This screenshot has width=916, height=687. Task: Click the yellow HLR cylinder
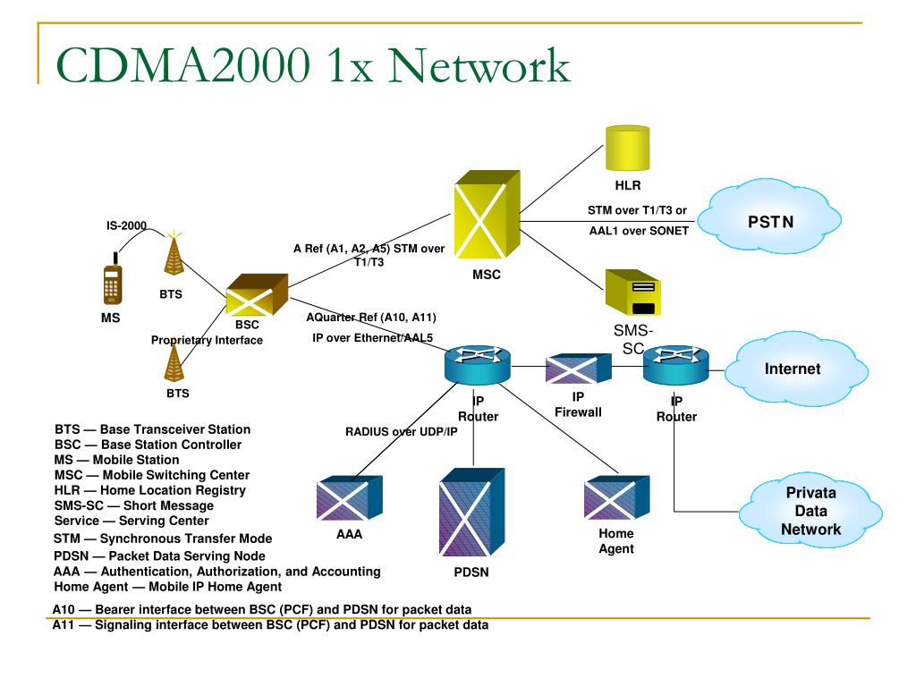pyautogui.click(x=627, y=148)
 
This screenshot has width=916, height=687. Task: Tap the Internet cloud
pyautogui.click(x=795, y=368)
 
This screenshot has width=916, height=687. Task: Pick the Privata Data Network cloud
pyautogui.click(x=810, y=511)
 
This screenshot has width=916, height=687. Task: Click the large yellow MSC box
pyautogui.click(x=487, y=215)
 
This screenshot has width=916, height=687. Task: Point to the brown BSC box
pyautogui.click(x=257, y=295)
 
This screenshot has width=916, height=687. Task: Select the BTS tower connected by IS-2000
pyautogui.click(x=174, y=253)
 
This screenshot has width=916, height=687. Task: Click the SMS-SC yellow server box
pyautogui.click(x=632, y=293)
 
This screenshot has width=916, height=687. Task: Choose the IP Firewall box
pyautogui.click(x=579, y=369)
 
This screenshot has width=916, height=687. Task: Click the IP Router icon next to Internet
pyautogui.click(x=676, y=365)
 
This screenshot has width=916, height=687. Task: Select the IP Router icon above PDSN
pyautogui.click(x=478, y=365)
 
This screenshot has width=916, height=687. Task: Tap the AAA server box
pyautogui.click(x=350, y=497)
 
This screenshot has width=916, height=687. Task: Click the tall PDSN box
pyautogui.click(x=471, y=512)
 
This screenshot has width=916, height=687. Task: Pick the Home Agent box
pyautogui.click(x=617, y=497)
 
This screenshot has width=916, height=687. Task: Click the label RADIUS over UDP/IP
pyautogui.click(x=402, y=432)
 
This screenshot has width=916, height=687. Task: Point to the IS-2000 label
pyautogui.click(x=126, y=225)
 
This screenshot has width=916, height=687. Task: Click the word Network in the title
pyautogui.click(x=479, y=65)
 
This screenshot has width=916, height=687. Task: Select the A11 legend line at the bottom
pyautogui.click(x=270, y=625)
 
